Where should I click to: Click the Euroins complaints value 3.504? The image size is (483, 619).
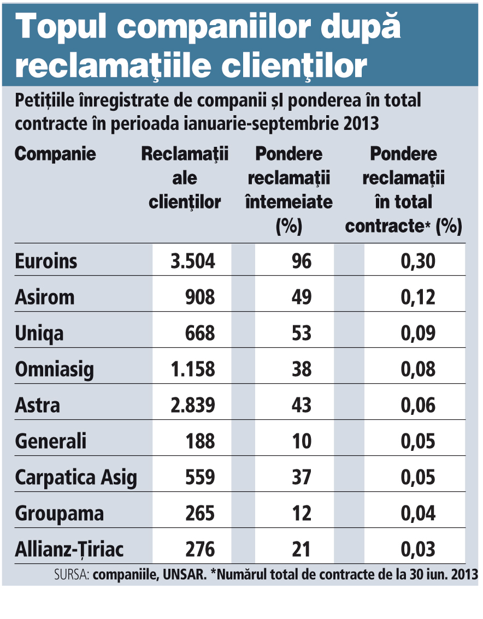193,261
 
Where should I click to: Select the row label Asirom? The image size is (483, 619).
45,297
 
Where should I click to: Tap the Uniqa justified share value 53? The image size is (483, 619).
301,333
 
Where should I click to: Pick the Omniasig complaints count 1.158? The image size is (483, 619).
193,369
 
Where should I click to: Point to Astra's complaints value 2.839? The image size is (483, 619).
193,405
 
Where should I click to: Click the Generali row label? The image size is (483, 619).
51,441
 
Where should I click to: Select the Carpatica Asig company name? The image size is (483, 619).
76,478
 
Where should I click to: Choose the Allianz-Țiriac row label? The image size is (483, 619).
69,549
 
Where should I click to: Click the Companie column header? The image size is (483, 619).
55,154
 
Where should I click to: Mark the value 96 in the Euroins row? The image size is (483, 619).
301,261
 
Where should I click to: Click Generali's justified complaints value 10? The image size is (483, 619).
301,441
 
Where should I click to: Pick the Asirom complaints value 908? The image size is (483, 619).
199,297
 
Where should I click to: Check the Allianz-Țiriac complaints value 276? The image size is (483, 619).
199,549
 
